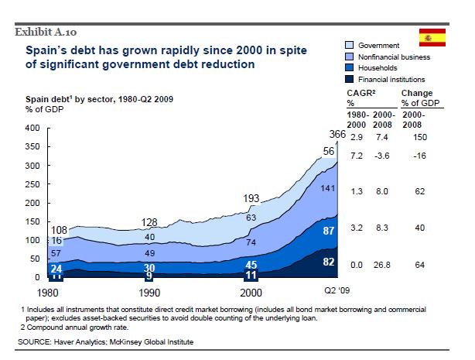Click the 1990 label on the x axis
click(x=150, y=293)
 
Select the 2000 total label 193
click(x=251, y=199)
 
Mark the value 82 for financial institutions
click(x=329, y=262)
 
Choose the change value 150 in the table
click(x=420, y=137)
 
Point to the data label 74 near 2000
click(x=251, y=243)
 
